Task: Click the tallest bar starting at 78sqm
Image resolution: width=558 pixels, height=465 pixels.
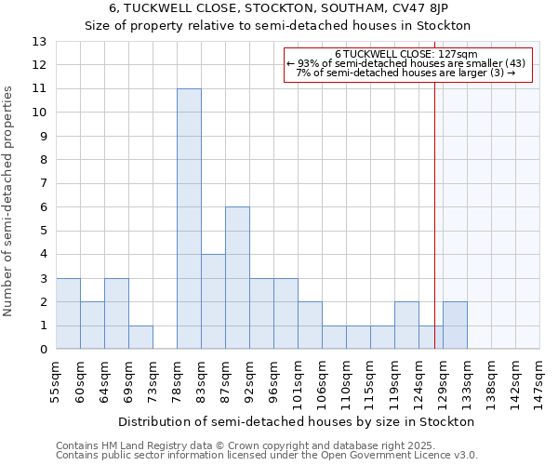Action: pyautogui.click(x=189, y=219)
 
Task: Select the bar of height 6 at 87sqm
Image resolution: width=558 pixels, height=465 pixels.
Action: pyautogui.click(x=237, y=278)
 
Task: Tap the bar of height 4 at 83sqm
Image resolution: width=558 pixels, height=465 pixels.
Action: pyautogui.click(x=213, y=301)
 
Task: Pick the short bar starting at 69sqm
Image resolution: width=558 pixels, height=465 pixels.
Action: pyautogui.click(x=140, y=338)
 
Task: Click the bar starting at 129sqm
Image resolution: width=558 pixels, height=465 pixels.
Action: pyautogui.click(x=455, y=325)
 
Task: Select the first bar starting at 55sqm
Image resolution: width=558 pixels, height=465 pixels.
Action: pyautogui.click(x=68, y=313)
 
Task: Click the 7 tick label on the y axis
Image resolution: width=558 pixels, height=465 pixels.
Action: pyautogui.click(x=43, y=184)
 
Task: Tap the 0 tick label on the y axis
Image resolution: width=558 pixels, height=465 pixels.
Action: pyautogui.click(x=43, y=350)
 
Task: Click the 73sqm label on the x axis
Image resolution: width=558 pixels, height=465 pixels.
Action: pyautogui.click(x=153, y=380)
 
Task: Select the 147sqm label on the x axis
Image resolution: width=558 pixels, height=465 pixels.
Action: pyautogui.click(x=540, y=380)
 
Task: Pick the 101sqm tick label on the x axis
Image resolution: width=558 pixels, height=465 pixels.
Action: pyautogui.click(x=299, y=380)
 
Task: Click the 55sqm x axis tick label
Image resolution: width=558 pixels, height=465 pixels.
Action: pyautogui.click(x=57, y=380)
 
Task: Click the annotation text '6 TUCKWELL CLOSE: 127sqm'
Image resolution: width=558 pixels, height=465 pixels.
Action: pyautogui.click(x=405, y=54)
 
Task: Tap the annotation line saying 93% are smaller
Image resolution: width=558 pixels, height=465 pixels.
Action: pyautogui.click(x=405, y=63)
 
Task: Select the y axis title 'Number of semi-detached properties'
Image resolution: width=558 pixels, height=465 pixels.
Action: pyautogui.click(x=9, y=200)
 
